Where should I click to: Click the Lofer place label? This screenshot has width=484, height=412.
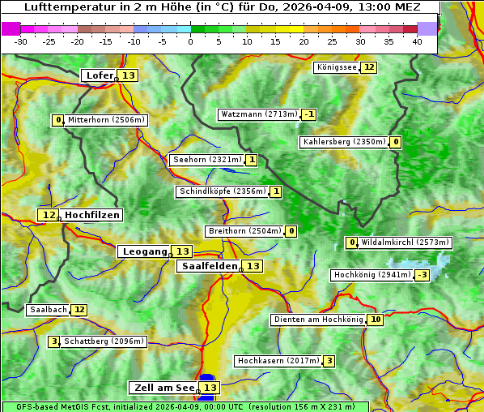tap(99, 75)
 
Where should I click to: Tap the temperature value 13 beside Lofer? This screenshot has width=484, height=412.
tap(129, 75)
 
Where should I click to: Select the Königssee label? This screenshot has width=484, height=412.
tap(336, 67)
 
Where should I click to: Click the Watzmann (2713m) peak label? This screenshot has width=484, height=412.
tap(259, 114)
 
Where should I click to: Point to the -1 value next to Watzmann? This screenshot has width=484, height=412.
tap(309, 114)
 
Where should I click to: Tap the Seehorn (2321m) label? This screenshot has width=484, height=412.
tap(207, 160)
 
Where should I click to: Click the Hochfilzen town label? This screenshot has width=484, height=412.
tap(92, 215)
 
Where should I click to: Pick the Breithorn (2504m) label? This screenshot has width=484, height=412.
tap(244, 231)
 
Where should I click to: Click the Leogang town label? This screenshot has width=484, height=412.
tap(144, 251)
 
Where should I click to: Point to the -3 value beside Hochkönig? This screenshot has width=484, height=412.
tap(422, 275)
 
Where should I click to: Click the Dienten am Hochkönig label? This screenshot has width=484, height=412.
tap(318, 320)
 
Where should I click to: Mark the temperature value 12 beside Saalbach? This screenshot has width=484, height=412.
tap(79, 310)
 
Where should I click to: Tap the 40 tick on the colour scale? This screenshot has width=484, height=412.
tap(417, 41)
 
